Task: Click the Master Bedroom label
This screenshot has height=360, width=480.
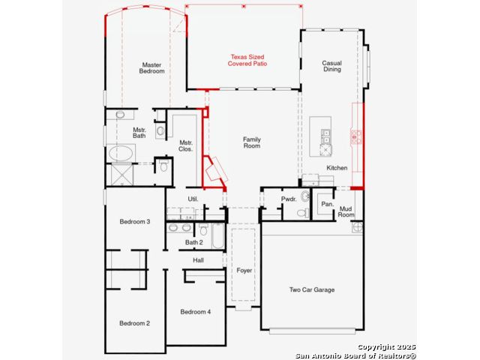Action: (x=151, y=68)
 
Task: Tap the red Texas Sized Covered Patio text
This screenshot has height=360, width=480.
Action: (x=247, y=60)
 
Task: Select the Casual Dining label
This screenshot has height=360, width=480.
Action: (x=331, y=66)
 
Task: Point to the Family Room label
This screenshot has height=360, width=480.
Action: (x=252, y=142)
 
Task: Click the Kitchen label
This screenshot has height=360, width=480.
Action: (x=337, y=168)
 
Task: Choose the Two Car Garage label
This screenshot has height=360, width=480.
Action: (x=312, y=289)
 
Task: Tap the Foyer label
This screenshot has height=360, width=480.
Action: (x=244, y=270)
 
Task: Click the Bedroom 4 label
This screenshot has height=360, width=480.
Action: (x=195, y=312)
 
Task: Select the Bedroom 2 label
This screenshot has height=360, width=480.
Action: (x=135, y=323)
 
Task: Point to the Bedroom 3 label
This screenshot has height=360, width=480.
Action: (x=135, y=221)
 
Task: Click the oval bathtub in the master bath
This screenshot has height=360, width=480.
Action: (x=121, y=153)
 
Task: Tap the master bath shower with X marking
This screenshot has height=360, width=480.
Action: (x=121, y=175)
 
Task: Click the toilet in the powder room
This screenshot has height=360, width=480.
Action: (x=303, y=212)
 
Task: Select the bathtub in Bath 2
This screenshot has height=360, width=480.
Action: (x=217, y=235)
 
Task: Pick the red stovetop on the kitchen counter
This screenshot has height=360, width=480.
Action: (x=356, y=136)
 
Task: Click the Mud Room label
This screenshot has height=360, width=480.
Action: (x=346, y=211)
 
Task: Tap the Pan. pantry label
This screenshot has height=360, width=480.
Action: (x=327, y=204)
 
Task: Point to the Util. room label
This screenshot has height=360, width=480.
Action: (x=193, y=199)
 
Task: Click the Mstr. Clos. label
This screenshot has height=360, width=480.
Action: (x=186, y=146)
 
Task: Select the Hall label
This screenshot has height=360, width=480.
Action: (x=198, y=260)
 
